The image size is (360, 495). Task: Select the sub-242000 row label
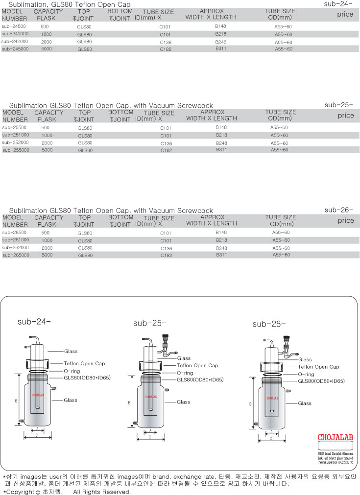[x=15, y=42]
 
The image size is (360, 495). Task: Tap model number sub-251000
[x=16, y=135]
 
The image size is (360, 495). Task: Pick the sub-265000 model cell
[x=16, y=255]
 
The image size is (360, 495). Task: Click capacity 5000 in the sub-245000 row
[x=47, y=49]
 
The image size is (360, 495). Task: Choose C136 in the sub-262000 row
[x=166, y=248]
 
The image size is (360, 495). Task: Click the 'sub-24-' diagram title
[x=34, y=322]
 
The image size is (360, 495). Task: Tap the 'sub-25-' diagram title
[x=150, y=323]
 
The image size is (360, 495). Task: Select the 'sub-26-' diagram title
[x=269, y=324]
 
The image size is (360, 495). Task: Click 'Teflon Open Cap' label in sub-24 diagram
[x=84, y=364]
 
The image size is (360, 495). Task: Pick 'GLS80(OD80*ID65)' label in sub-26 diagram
[x=321, y=381]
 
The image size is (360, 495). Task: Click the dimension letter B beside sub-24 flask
[x=16, y=401]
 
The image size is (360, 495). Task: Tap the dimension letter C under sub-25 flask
[x=149, y=437]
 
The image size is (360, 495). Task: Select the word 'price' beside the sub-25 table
[x=345, y=116]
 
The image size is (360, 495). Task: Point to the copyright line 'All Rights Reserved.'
[x=102, y=491]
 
